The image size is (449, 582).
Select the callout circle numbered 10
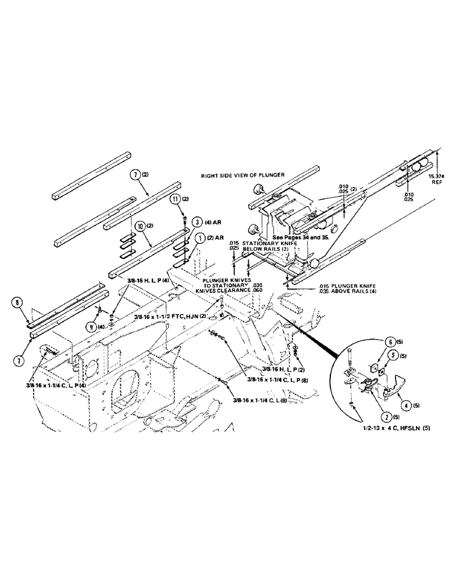click(140, 225)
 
